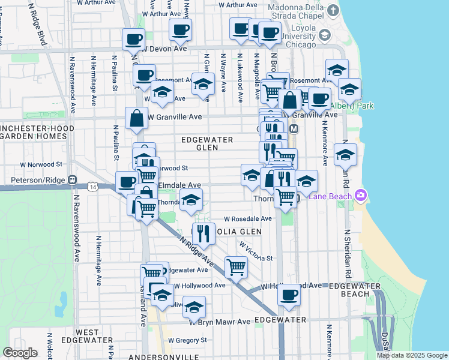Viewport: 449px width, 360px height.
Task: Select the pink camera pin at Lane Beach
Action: tap(360, 195)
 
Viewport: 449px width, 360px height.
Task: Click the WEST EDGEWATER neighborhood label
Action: tap(95, 336)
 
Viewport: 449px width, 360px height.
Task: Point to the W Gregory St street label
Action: tap(187, 340)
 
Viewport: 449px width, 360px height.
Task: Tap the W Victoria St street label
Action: tap(255, 252)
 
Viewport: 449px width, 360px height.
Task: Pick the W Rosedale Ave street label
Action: tap(248, 219)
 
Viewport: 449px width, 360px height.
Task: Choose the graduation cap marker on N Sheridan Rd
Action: tap(345, 155)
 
